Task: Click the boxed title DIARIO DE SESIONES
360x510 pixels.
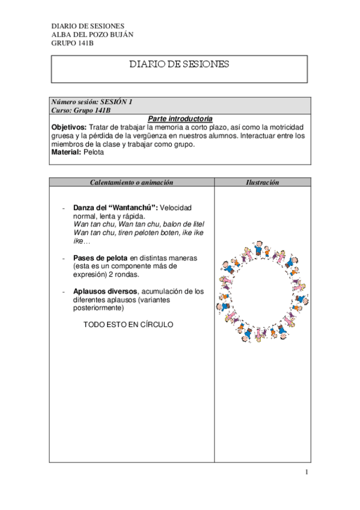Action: point(179,64)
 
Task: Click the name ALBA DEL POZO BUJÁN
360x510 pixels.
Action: point(93,34)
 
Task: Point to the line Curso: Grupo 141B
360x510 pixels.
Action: point(81,111)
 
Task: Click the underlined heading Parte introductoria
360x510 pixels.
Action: point(180,119)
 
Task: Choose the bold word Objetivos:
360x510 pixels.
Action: point(69,127)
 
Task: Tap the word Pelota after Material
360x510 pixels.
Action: point(94,153)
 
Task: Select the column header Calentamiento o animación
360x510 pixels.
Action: point(131,182)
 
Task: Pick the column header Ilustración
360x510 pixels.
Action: point(262,182)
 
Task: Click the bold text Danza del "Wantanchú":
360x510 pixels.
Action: point(115,207)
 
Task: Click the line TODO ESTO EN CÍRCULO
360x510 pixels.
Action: point(127,325)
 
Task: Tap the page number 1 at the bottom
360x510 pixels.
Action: point(306,473)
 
